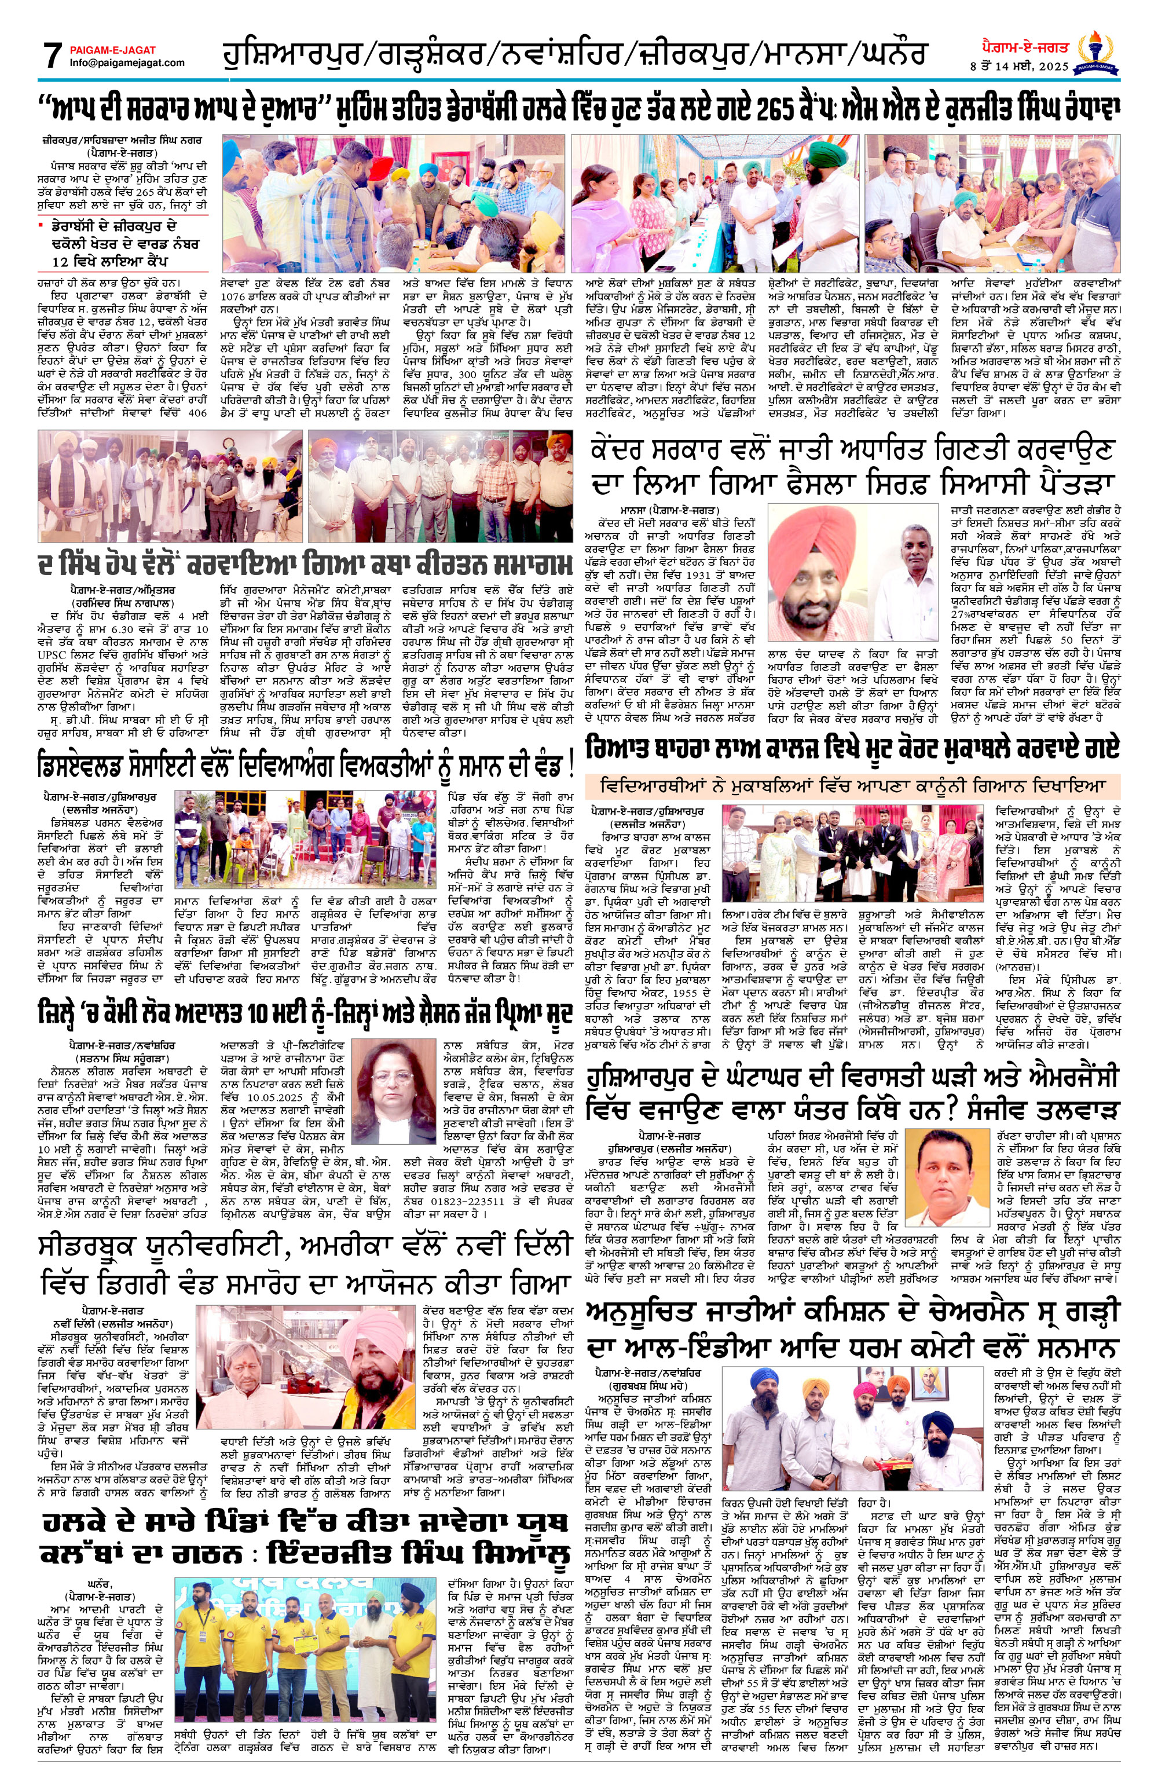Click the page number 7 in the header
pyautogui.click(x=50, y=55)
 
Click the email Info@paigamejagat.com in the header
pyautogui.click(x=126, y=63)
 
